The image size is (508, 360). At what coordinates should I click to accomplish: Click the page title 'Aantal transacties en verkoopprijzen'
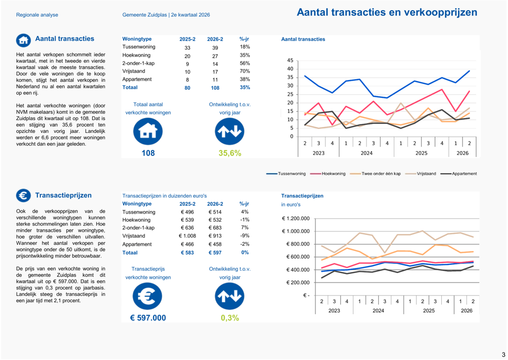(387, 12)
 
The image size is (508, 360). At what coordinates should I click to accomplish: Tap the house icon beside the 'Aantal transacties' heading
(23, 40)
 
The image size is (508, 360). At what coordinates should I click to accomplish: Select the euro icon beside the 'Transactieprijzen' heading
(23, 195)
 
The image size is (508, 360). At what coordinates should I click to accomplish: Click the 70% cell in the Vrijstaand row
(244, 71)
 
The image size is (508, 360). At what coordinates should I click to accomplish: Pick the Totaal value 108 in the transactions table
(215, 88)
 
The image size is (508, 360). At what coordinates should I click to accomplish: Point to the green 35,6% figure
(229, 153)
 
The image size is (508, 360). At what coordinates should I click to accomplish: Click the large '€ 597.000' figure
(148, 318)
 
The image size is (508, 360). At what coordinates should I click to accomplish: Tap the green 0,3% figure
(229, 318)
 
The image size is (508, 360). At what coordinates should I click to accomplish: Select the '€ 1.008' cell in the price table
(187, 236)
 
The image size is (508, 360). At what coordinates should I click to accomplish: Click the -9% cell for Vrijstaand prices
(244, 236)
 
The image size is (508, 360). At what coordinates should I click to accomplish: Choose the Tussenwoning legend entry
(286, 174)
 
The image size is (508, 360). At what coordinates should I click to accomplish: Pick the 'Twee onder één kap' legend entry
(376, 174)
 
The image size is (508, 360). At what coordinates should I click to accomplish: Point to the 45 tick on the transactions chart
(290, 60)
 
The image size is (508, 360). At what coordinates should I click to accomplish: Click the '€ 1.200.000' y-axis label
(296, 218)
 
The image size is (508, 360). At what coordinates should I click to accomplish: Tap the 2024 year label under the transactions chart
(367, 153)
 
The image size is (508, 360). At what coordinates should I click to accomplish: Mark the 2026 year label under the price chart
(466, 311)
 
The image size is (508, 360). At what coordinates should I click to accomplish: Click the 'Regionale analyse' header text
(37, 15)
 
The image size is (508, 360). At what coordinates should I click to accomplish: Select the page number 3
(504, 355)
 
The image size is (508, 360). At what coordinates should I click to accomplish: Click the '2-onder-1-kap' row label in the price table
(138, 228)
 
